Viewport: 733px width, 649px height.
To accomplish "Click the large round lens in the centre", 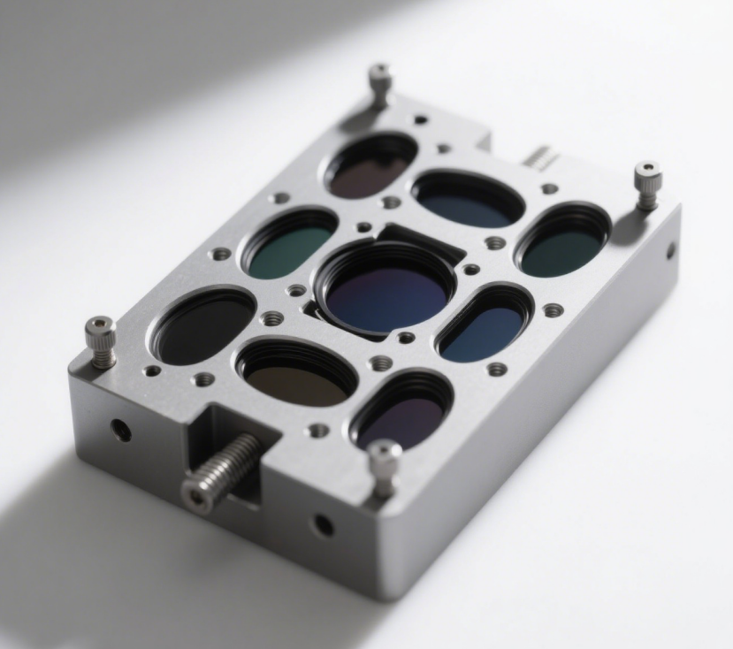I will click(x=386, y=293).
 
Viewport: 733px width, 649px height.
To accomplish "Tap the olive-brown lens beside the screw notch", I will click(x=297, y=378).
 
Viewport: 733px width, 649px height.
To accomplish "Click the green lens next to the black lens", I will click(x=289, y=246).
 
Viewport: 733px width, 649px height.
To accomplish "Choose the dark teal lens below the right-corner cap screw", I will click(x=562, y=245).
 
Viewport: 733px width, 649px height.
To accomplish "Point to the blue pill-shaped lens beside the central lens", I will click(x=483, y=328).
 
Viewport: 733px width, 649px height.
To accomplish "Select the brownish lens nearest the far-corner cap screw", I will click(x=370, y=170).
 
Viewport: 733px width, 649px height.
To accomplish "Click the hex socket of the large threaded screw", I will click(x=195, y=496).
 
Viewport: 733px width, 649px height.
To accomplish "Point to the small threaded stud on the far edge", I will click(x=538, y=157).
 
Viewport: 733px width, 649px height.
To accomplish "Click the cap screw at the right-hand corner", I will click(x=647, y=185).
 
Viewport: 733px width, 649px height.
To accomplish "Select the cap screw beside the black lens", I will click(x=101, y=340).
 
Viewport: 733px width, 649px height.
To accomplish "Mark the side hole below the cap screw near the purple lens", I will click(x=324, y=525).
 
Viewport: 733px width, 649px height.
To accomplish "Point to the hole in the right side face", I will click(x=669, y=250).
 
